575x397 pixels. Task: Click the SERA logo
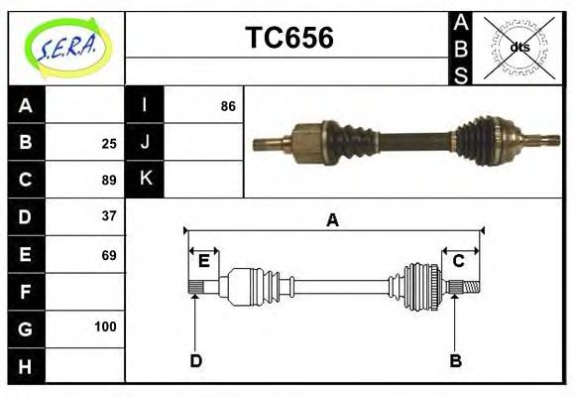[x=65, y=47]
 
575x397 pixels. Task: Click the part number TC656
[x=288, y=38]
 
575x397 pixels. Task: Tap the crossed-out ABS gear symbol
[x=519, y=47]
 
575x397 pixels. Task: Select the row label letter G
[x=25, y=328]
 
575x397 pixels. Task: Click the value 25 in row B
[x=108, y=143]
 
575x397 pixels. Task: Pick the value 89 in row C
[x=108, y=180]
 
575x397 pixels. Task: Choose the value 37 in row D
[x=108, y=215]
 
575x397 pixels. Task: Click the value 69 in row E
[x=108, y=255]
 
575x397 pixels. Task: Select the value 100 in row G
[x=105, y=327]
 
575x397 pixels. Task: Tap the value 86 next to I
[x=227, y=105]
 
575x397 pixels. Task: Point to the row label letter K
[x=145, y=179]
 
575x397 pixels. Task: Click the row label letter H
[x=25, y=366]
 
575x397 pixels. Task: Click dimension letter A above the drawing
[x=332, y=221]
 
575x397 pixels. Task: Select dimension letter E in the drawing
[x=203, y=261]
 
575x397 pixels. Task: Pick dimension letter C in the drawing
[x=458, y=261]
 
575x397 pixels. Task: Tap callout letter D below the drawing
[x=195, y=360]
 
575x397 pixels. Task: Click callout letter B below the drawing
[x=455, y=360]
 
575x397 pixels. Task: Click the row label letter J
[x=145, y=142]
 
